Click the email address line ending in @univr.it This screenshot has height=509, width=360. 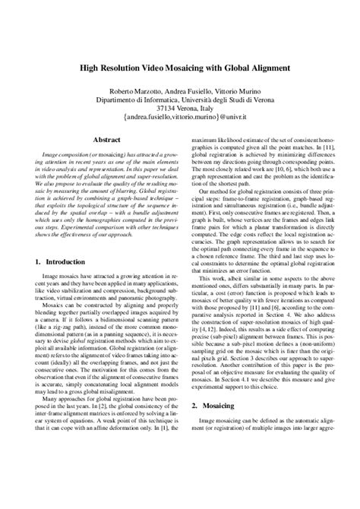tap(180, 119)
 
